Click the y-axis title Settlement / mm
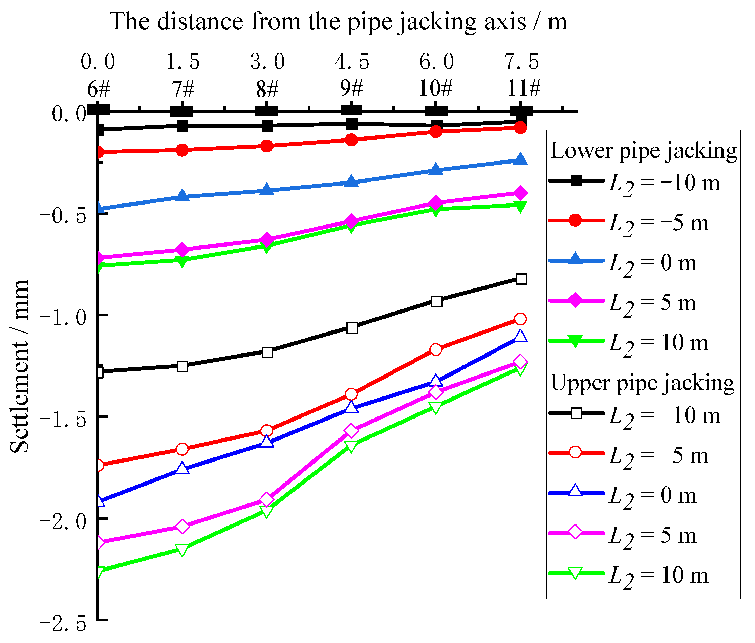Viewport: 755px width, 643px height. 19,366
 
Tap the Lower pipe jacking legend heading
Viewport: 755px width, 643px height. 644,151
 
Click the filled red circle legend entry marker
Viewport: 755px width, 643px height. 575,220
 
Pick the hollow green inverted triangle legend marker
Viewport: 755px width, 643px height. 575,573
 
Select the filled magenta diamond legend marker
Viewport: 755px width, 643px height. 575,300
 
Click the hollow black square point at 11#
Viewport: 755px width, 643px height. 521,279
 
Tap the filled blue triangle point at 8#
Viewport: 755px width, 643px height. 267,190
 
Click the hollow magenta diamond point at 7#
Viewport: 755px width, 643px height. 182,527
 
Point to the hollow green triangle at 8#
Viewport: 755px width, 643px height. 267,511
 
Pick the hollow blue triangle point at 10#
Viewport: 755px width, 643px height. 436,381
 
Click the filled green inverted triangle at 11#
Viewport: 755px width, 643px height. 521,206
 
